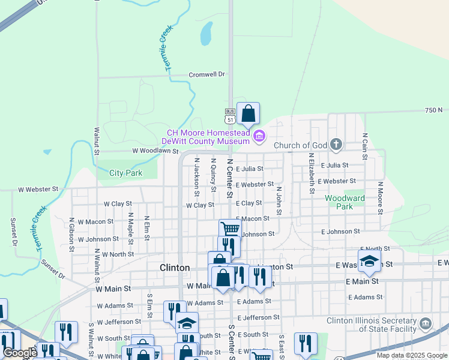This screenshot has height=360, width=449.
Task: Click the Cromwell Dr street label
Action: tap(206, 74)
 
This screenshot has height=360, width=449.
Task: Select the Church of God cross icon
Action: tap(336, 145)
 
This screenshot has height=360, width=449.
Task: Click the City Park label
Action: tap(126, 173)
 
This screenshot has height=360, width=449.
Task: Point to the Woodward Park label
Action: tap(345, 202)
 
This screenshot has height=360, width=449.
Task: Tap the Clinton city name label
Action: tap(175, 268)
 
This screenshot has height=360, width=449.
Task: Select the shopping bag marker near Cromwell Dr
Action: tap(248, 113)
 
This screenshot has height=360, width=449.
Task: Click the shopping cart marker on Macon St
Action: tap(230, 229)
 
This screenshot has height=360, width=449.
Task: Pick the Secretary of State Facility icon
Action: tap(426, 325)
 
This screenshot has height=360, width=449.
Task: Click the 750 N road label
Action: tap(433, 110)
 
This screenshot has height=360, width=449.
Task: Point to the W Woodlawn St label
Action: tap(153, 151)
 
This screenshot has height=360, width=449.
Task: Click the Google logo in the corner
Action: tap(20, 353)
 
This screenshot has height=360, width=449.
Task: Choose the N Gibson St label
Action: tap(71, 231)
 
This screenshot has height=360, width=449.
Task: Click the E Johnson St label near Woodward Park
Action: tap(340, 231)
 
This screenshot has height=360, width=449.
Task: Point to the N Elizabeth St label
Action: tap(312, 174)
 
